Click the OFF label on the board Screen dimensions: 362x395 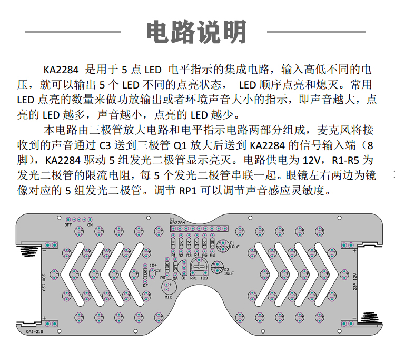68,224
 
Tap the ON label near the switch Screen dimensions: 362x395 90,224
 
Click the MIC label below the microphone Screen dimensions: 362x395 169,297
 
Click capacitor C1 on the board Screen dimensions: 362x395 221,243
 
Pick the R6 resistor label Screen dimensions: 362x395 212,256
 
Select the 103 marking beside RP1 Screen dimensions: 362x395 204,278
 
